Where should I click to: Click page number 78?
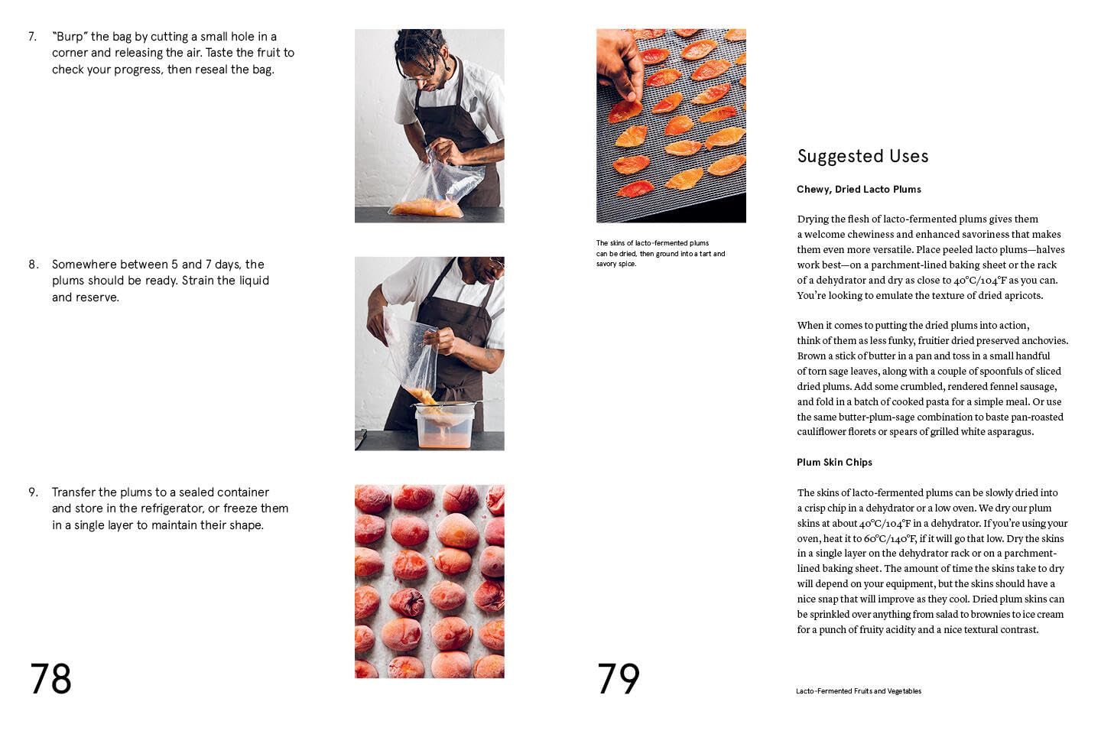pos(50,678)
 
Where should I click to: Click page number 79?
pos(618,678)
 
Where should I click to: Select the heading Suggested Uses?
pos(862,156)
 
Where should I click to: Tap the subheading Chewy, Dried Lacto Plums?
pos(859,190)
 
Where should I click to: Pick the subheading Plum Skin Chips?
pos(834,463)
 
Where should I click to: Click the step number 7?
pos(32,37)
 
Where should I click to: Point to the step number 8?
pos(33,265)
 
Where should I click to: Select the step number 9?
pos(33,492)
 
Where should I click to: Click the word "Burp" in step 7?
pos(70,37)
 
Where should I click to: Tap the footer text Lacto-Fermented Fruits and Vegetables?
pos(858,691)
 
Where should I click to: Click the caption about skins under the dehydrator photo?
pos(660,253)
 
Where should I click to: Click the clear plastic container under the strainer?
pos(444,428)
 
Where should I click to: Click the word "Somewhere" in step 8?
pos(81,265)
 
